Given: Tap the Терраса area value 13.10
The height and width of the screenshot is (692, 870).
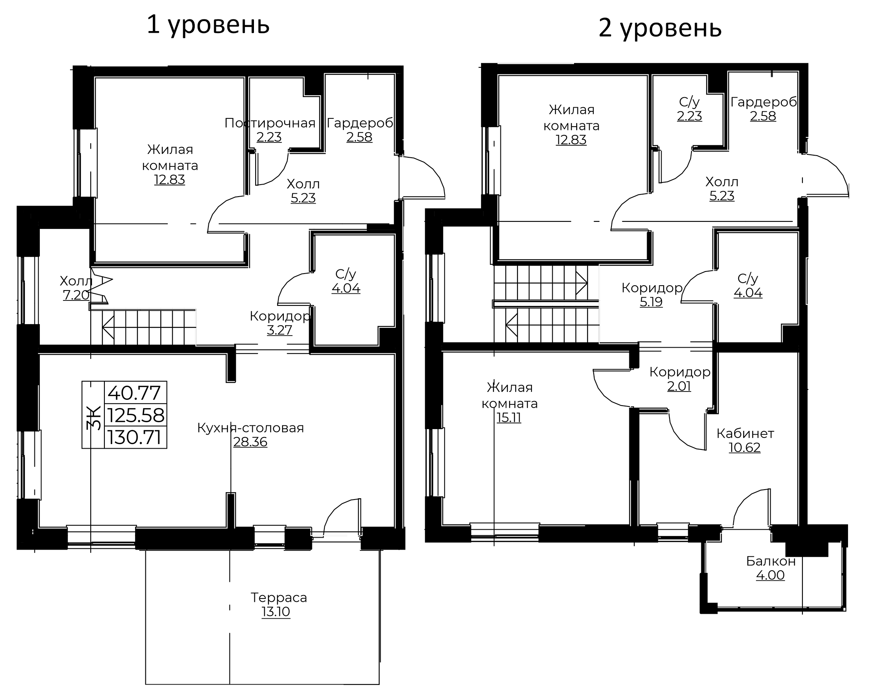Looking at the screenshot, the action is click(x=276, y=611).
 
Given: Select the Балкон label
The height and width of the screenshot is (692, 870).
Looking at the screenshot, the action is click(x=771, y=561).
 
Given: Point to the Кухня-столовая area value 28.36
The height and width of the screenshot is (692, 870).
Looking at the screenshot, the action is click(x=250, y=442).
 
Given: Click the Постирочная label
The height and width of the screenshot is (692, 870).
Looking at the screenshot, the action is click(x=270, y=123).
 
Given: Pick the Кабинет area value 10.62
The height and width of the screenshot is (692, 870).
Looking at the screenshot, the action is click(x=744, y=447).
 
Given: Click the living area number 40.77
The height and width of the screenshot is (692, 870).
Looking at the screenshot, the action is click(x=134, y=393).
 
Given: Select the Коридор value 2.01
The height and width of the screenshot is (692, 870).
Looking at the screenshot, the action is click(x=679, y=386).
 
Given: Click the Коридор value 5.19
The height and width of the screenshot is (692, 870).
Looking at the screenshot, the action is click(x=651, y=302).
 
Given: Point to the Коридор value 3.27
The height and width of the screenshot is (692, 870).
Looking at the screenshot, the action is click(x=280, y=330).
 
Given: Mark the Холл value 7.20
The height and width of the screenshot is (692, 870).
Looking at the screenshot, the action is click(x=76, y=295).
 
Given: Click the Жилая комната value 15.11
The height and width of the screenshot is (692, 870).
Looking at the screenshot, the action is click(x=509, y=418).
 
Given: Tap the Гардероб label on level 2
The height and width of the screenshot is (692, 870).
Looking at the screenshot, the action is click(x=764, y=102).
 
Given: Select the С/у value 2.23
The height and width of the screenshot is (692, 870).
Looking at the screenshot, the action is click(x=690, y=116).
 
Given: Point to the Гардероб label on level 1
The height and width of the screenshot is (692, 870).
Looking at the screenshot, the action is click(x=360, y=123).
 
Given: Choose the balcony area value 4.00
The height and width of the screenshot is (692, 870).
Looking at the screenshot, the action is click(x=771, y=575).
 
